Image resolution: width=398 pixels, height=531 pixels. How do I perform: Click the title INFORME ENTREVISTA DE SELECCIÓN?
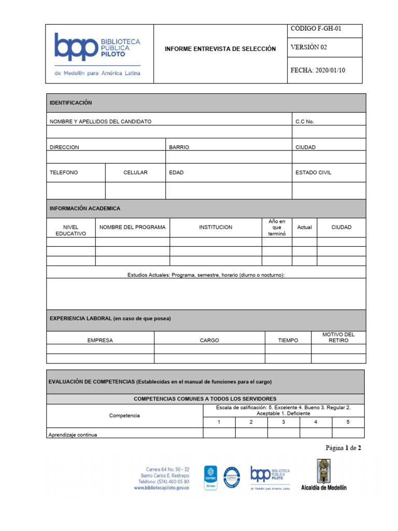tap(220, 49)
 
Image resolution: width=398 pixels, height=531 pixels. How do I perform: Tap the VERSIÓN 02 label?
tap(309, 47)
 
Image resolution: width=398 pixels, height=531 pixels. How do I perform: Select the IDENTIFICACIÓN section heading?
tap(71, 103)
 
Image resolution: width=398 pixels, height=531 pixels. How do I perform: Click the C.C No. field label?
tap(305, 121)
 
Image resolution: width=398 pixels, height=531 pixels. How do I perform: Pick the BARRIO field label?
tap(179, 147)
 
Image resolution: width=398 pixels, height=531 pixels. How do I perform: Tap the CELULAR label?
tap(135, 173)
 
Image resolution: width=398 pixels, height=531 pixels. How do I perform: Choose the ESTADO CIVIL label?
tap(313, 173)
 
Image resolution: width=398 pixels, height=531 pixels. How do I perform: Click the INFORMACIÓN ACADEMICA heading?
tap(85, 208)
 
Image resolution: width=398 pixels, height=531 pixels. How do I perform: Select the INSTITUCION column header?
tap(216, 227)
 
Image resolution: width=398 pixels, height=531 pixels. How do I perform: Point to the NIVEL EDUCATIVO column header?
tap(70, 230)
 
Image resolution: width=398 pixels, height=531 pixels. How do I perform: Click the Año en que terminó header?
tap(277, 228)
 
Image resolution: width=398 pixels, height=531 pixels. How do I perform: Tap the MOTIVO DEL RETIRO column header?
tap(338, 338)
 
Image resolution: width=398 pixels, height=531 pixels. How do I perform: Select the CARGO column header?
tap(209, 341)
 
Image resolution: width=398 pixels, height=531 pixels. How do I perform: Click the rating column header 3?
tap(283, 422)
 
